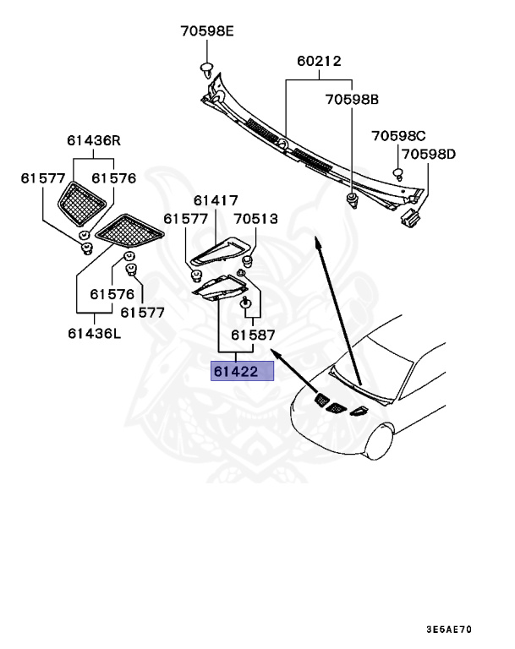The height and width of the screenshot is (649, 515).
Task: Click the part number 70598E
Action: coord(206,33)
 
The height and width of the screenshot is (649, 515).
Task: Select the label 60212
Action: coord(319,62)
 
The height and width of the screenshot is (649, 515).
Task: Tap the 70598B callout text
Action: coord(352,99)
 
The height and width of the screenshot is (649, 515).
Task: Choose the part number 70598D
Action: coord(429,155)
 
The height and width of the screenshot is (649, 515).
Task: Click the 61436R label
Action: coord(94,140)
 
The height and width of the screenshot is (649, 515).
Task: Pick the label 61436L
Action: coord(94,333)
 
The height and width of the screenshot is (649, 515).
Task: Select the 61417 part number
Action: coord(215,201)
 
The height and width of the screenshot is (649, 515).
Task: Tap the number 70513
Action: coord(255,219)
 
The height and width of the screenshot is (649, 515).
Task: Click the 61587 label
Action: coord(253,335)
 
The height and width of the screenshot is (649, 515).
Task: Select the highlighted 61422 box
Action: coord(243,371)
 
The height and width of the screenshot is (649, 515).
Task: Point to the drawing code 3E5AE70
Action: coord(449,630)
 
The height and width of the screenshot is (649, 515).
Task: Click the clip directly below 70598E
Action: coord(206,68)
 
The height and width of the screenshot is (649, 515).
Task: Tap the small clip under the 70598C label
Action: coord(397,173)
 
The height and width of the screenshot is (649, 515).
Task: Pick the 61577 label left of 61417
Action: coord(186,219)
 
